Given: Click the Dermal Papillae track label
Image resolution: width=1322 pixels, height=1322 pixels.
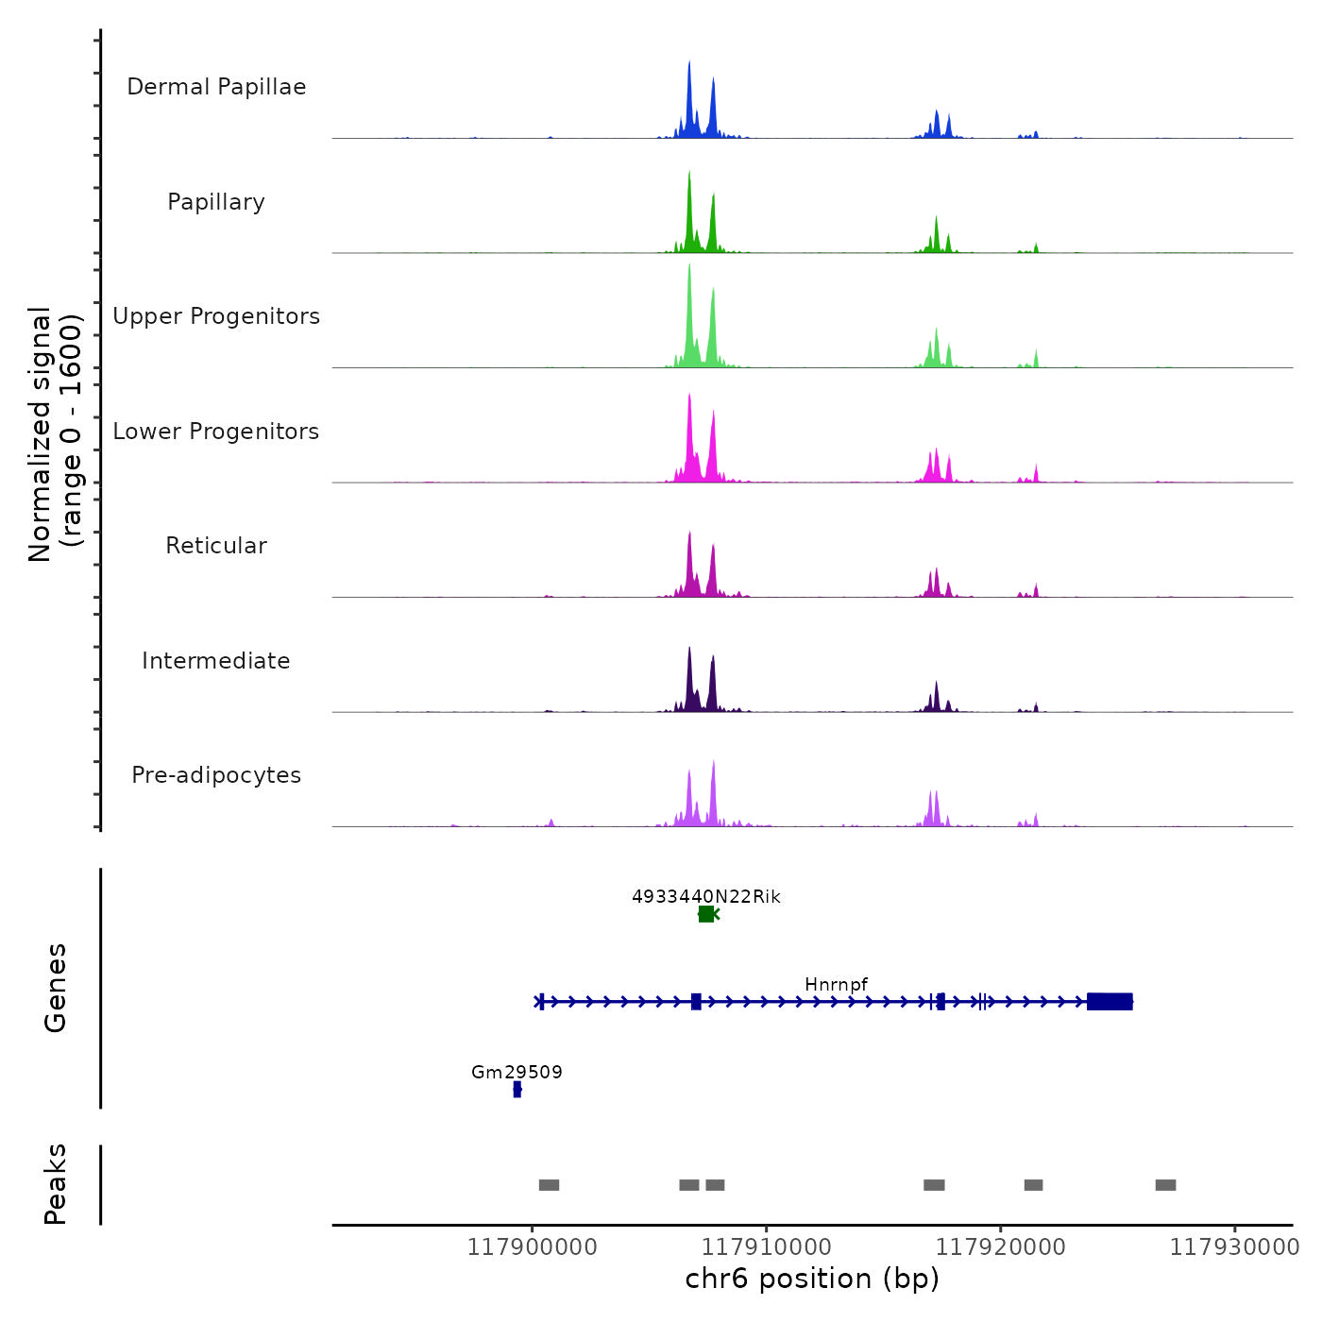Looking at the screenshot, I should click(216, 87).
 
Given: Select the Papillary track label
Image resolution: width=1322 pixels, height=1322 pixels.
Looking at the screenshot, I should click(216, 202).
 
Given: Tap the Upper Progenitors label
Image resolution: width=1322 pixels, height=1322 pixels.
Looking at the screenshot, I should click(216, 316).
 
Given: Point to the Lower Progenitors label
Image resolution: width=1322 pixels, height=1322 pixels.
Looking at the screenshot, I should click(216, 432).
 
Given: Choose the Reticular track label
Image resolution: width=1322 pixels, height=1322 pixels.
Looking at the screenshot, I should click(216, 546).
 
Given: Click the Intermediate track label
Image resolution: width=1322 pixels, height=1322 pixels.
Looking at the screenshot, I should click(216, 661).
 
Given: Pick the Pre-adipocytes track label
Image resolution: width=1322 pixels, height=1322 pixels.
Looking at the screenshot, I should click(216, 775).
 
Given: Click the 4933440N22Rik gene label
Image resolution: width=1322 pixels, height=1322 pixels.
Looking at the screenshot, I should click(706, 896).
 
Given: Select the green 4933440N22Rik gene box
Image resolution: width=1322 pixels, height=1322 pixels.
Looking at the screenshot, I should click(706, 914).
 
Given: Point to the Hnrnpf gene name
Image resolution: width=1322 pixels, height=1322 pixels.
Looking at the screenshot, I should click(836, 985).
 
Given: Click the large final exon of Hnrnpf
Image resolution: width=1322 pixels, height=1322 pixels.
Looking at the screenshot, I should click(1110, 1002).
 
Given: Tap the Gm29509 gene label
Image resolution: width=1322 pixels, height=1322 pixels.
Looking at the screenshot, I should click(517, 1073).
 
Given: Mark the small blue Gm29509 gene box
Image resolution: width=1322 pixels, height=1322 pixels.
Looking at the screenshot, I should click(517, 1090).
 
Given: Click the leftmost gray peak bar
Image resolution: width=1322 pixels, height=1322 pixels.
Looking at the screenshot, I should click(549, 1185).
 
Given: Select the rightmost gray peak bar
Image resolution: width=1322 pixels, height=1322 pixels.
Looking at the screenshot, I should click(1165, 1185).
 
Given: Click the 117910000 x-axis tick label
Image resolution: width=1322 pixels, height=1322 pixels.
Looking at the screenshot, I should click(767, 1247).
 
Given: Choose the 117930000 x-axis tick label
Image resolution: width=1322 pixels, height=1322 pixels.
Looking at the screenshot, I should click(1234, 1247).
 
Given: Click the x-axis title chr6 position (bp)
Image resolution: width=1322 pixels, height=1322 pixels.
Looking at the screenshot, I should click(812, 1279).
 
